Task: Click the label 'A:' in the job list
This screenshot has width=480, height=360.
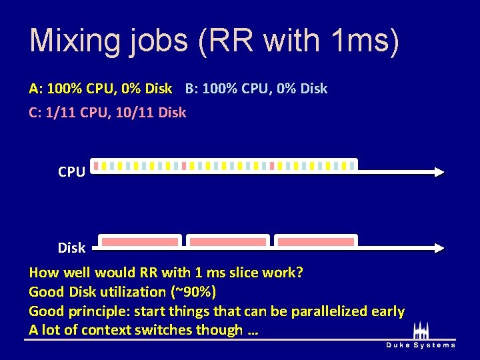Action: [x=35, y=89]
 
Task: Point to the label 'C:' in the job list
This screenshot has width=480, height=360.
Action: [x=35, y=113]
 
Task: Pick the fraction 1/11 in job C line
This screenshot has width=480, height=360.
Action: [x=60, y=113]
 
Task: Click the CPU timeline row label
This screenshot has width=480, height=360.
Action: [x=71, y=172]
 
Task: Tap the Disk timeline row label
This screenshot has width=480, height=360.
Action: [x=71, y=248]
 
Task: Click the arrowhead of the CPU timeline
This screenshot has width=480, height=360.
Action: [x=439, y=172]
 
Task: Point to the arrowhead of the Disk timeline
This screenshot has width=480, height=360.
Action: [x=439, y=248]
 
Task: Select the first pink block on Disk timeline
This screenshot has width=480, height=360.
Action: [x=139, y=241]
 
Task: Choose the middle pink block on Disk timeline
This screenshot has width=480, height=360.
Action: [x=228, y=241]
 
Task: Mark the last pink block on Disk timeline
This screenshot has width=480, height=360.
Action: [x=316, y=241]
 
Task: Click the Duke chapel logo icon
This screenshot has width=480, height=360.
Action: [x=421, y=331]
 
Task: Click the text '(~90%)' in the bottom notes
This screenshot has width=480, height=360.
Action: [x=193, y=292]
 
